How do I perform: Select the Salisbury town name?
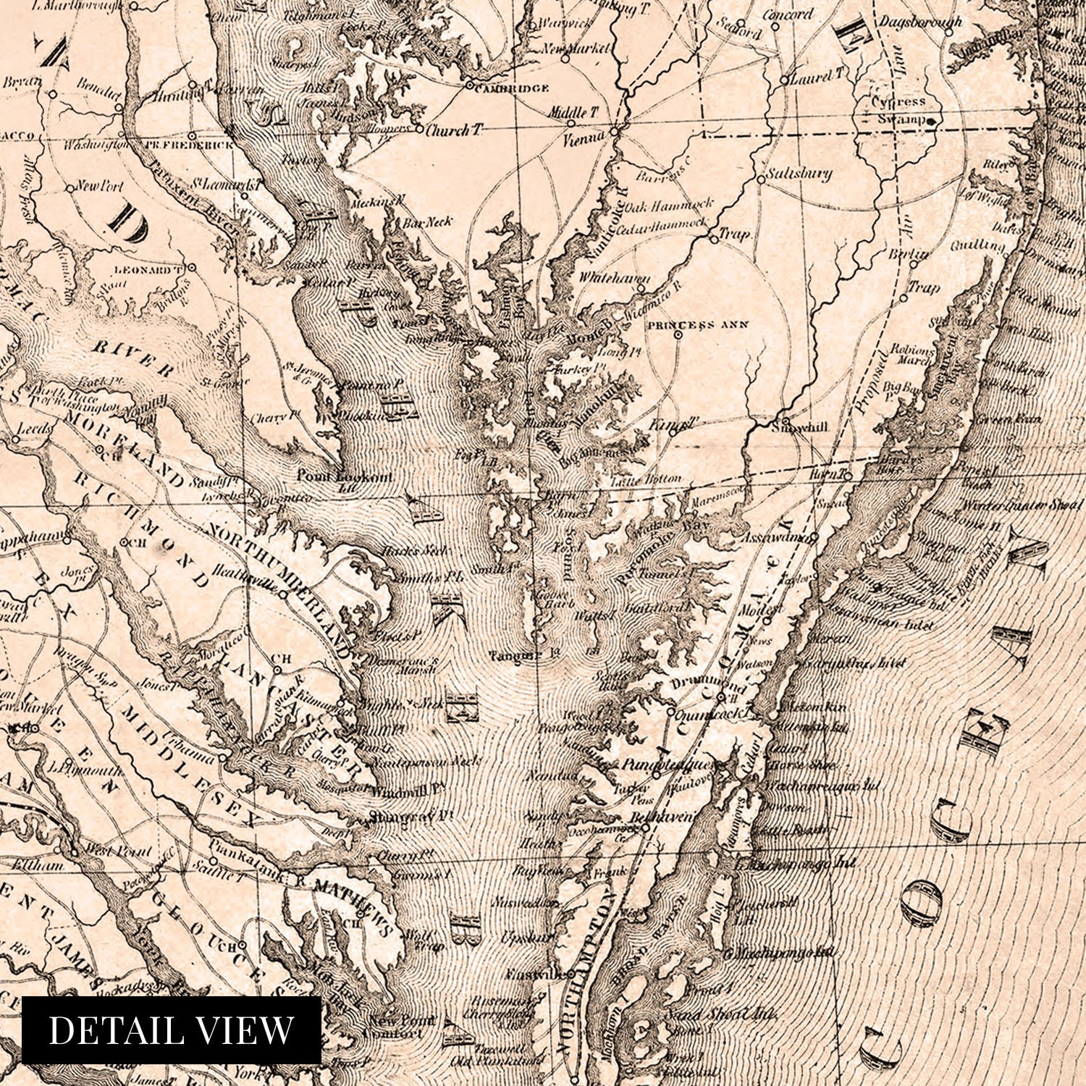pos(799,174)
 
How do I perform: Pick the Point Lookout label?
pos(345,477)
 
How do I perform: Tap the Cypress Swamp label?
pos(898,110)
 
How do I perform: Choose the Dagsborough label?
pos(920,22)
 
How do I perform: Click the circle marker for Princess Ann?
pos(678,335)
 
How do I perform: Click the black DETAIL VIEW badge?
pos(171,1030)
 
